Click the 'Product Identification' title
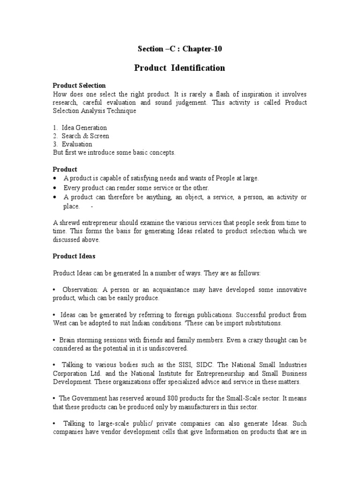click(x=180, y=68)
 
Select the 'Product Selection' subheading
click(x=79, y=85)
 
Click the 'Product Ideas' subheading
click(x=74, y=256)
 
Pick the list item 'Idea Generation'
click(x=84, y=127)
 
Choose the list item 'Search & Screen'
click(x=85, y=136)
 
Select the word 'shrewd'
click(x=69, y=223)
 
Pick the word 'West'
click(x=60, y=323)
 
